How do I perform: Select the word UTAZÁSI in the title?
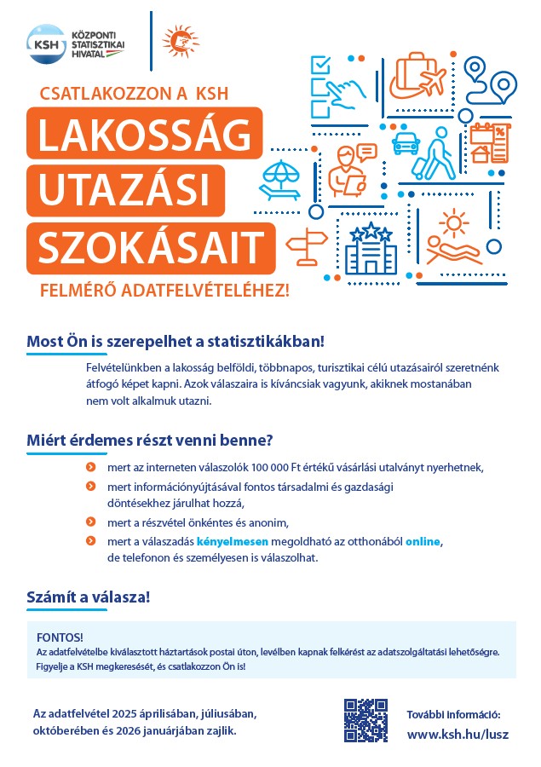120,187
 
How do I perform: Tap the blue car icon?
407,141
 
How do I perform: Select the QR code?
365,719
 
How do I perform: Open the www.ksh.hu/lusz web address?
458,734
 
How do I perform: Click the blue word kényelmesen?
233,541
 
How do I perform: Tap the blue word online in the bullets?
423,541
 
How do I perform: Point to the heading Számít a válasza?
89,597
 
